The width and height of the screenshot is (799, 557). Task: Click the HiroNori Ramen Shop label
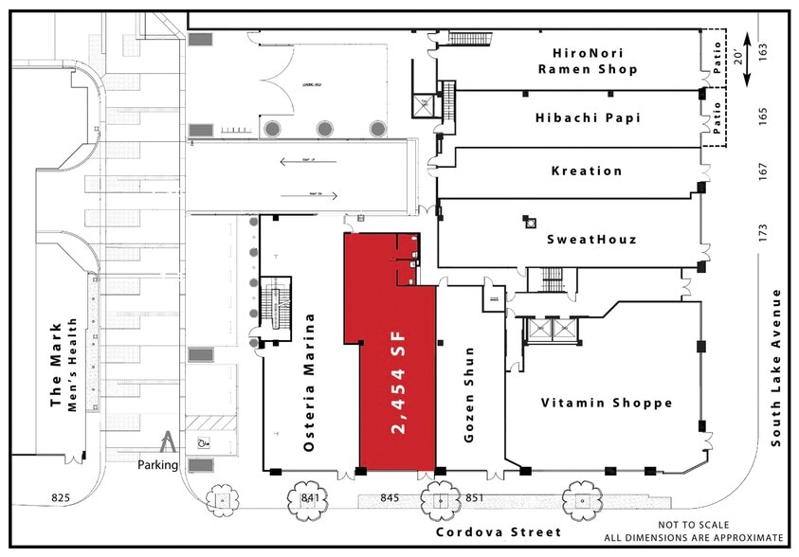[587, 61]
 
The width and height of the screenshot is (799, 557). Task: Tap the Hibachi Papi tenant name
[589, 117]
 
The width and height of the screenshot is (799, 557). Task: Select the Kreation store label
[587, 171]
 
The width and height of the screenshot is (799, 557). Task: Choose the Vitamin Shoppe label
[607, 403]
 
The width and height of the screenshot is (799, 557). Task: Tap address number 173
[764, 231]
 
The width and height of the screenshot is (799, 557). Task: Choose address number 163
[764, 49]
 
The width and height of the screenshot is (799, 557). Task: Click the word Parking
[157, 465]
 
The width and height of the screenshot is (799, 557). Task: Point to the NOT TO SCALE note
[698, 525]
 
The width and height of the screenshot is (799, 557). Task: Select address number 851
[474, 496]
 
